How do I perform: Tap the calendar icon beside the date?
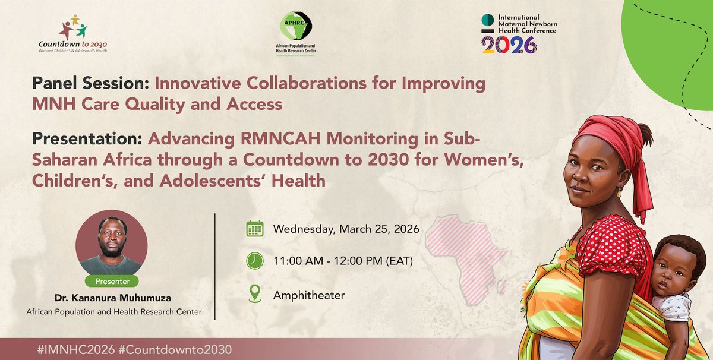(x=255, y=229)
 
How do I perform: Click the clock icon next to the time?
(x=255, y=261)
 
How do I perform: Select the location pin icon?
(x=255, y=293)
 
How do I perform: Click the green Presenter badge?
(x=111, y=281)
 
